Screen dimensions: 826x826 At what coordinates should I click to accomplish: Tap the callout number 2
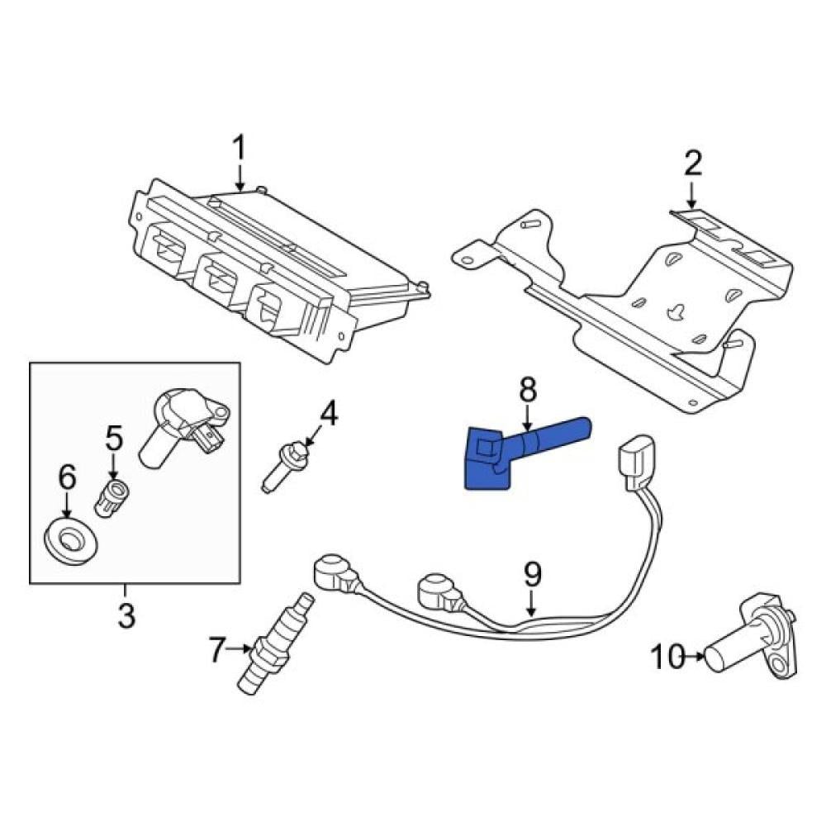[692, 164]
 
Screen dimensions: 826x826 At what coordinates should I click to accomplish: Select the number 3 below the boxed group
[126, 615]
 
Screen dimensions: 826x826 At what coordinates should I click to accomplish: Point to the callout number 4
[329, 413]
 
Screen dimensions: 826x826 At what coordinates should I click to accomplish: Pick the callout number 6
[66, 477]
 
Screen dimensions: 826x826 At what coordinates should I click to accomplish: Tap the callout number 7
[216, 651]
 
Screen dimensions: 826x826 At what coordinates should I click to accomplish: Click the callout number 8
[528, 389]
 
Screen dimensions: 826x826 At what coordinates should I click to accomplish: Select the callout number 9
[531, 573]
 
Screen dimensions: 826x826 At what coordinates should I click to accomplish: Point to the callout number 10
[667, 657]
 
